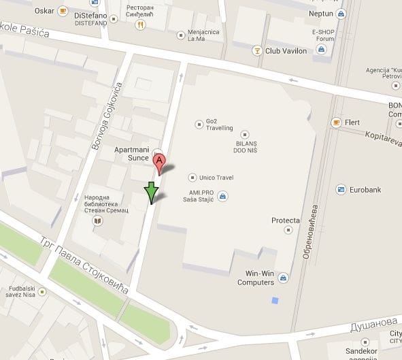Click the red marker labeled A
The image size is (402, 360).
point(159,163)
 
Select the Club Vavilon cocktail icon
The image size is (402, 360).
point(257,50)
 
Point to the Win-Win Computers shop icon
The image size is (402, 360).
point(282,277)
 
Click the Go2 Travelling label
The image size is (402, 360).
point(214,125)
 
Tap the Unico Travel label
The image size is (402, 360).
point(216,178)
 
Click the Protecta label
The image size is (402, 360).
point(286,220)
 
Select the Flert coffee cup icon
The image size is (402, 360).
point(335,122)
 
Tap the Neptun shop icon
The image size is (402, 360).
point(340,14)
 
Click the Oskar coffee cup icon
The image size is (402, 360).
point(63,12)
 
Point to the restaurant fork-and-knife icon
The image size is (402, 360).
point(140,24)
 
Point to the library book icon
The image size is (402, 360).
point(98,220)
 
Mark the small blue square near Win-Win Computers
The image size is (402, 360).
point(275,300)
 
